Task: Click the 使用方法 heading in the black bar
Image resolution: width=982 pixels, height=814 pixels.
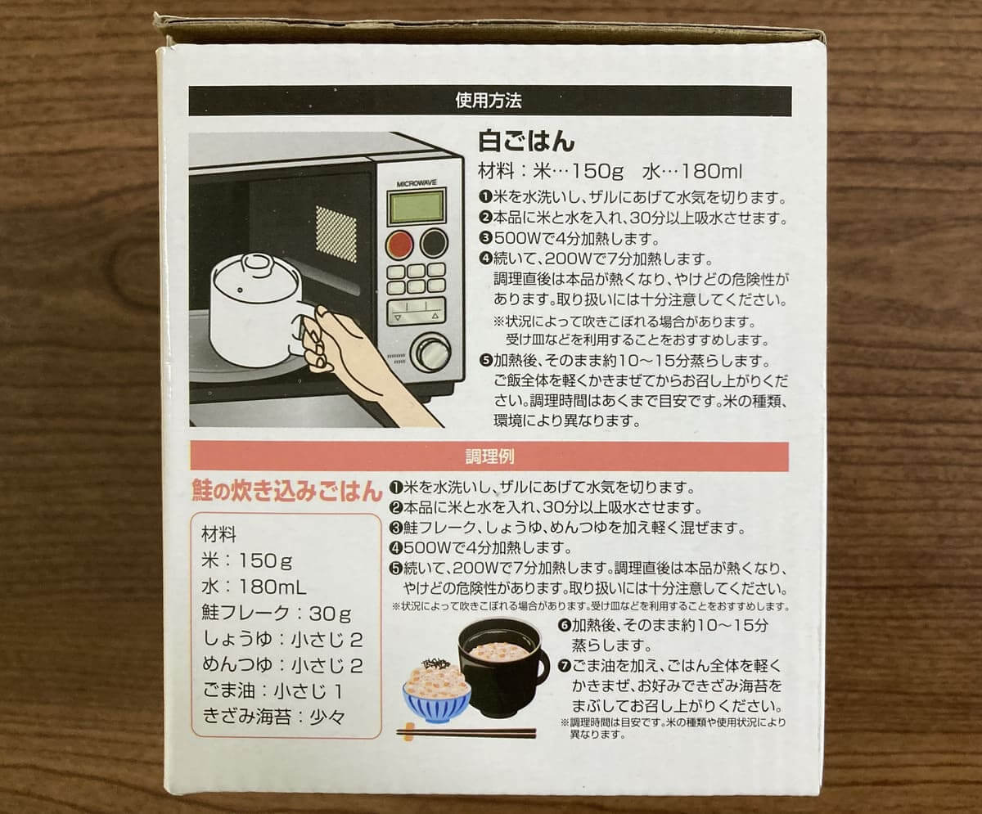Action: tap(489, 101)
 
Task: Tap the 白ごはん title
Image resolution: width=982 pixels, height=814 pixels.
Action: tap(526, 142)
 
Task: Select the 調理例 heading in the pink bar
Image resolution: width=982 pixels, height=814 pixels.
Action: tap(489, 456)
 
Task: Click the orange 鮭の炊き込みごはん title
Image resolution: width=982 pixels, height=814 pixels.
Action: tap(286, 492)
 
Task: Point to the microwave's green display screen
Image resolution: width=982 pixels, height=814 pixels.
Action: tap(417, 206)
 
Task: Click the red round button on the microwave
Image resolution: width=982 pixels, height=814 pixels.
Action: tap(399, 244)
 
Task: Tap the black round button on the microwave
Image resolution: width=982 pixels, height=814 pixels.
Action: tap(433, 242)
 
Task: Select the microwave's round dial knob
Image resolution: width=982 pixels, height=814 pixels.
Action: tap(431, 352)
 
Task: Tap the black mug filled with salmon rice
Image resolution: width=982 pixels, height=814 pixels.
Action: tap(500, 666)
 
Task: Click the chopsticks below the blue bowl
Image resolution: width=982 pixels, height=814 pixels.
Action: tap(466, 733)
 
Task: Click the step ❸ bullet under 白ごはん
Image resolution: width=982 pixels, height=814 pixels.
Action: tap(485, 239)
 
